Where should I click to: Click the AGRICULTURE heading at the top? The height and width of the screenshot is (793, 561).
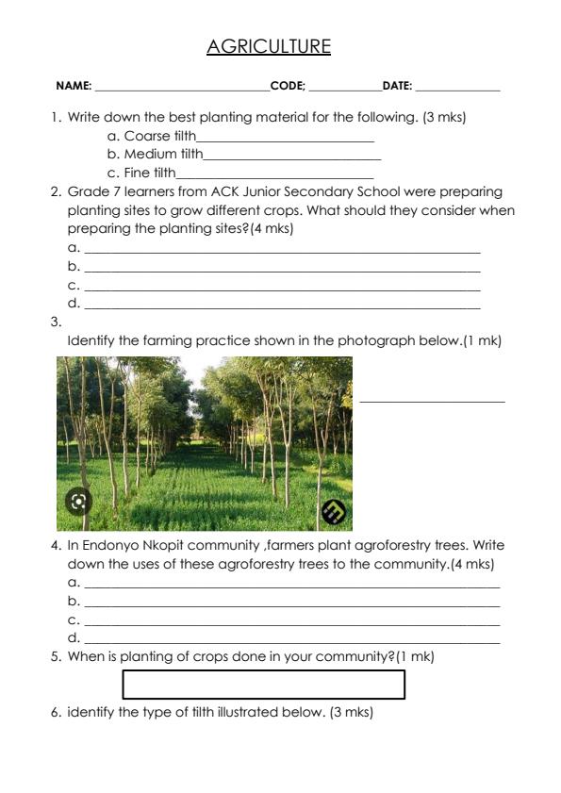click(x=269, y=46)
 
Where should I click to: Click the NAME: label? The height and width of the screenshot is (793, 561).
click(x=74, y=86)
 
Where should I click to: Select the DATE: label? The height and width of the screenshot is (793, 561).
click(x=397, y=86)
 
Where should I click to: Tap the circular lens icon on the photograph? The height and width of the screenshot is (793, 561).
click(x=79, y=501)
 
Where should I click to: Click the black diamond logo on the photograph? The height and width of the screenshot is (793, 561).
click(x=334, y=511)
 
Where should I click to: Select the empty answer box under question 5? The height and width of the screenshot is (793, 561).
click(x=263, y=684)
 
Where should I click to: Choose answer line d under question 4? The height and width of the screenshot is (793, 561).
click(x=291, y=640)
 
